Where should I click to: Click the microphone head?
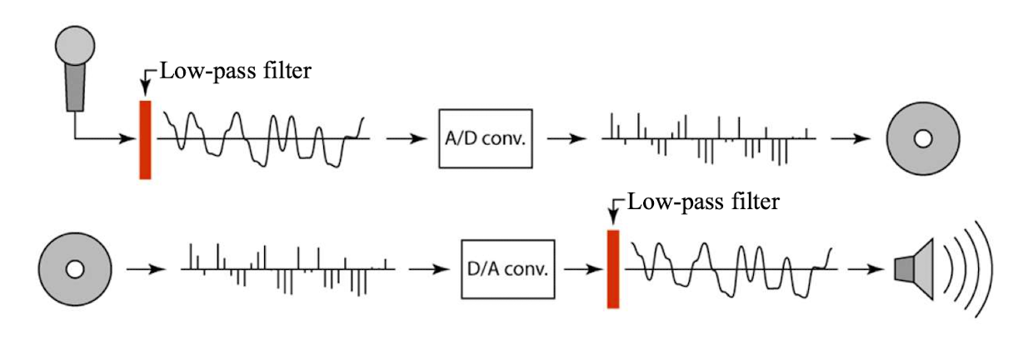[x=75, y=47]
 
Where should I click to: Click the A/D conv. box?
[x=485, y=137]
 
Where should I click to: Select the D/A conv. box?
[x=507, y=269]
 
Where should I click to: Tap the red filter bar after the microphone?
[x=146, y=139]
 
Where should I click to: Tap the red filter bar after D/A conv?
[x=614, y=268]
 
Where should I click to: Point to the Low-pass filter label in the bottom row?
[x=704, y=202]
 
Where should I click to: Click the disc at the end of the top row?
[x=921, y=138]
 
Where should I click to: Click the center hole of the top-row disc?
[x=921, y=138]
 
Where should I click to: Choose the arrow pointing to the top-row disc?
[x=849, y=138]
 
